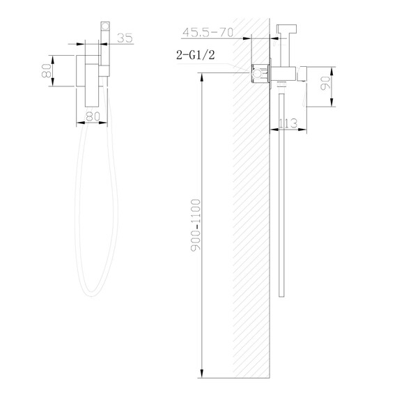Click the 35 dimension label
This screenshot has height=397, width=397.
tap(125, 38)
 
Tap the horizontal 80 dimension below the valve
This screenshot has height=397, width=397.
tap(91, 117)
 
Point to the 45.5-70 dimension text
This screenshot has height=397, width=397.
tap(206, 31)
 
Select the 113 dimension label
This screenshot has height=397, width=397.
tap(287, 123)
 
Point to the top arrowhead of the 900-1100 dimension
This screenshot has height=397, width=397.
tap(202, 74)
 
